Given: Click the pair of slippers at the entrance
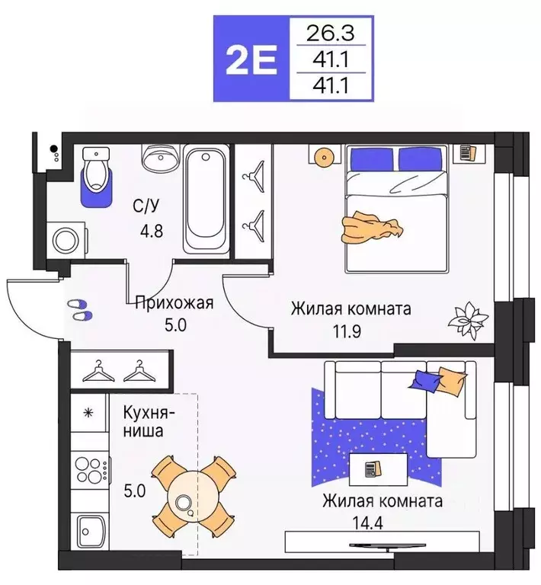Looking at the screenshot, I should [79, 308].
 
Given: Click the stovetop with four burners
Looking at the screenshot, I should [91, 466].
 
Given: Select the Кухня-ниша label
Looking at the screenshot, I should [149, 422].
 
